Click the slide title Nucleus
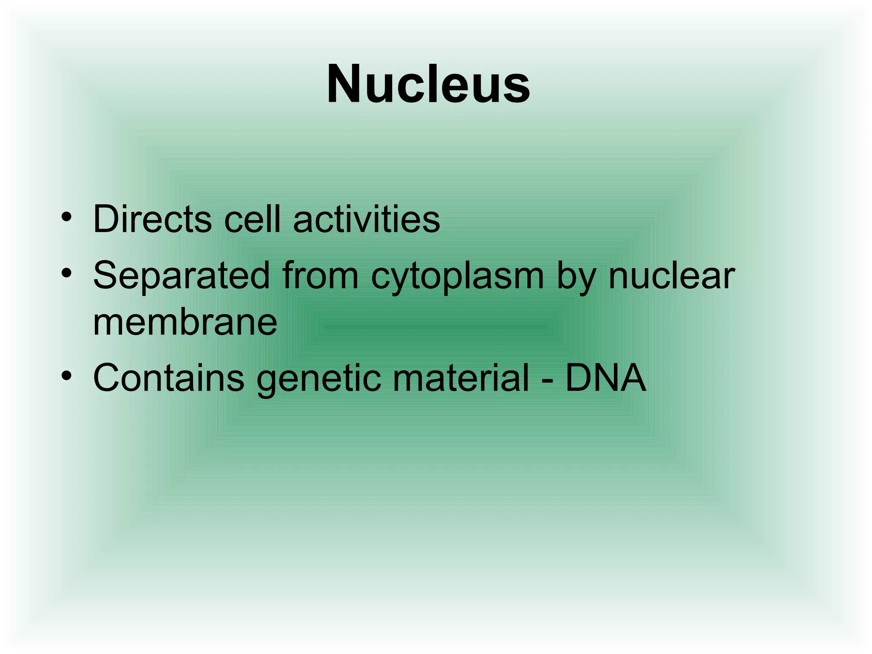click(x=428, y=84)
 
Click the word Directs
click(x=152, y=219)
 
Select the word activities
click(x=367, y=219)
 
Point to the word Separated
click(x=181, y=276)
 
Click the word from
click(x=320, y=276)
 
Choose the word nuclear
click(x=671, y=276)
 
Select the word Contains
click(x=169, y=378)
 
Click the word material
click(x=461, y=378)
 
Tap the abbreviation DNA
click(x=605, y=378)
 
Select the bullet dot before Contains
click(x=66, y=376)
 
